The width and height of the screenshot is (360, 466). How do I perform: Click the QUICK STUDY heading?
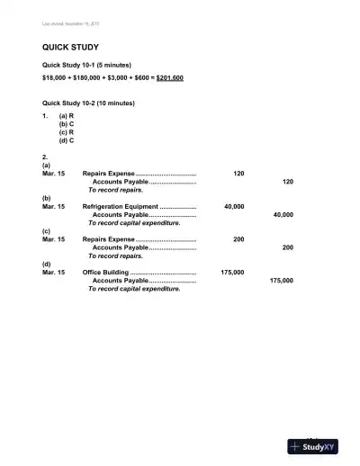(70, 47)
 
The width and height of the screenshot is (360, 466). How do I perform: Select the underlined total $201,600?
(170, 78)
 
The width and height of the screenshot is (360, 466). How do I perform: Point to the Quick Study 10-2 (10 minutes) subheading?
(89, 103)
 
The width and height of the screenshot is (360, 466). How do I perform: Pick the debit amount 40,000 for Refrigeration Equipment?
(234, 206)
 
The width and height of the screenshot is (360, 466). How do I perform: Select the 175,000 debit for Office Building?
(232, 272)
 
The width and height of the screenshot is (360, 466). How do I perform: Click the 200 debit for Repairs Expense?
(238, 238)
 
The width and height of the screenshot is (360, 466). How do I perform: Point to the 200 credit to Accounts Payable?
(287, 247)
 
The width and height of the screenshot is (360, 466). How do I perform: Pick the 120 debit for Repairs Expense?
(238, 173)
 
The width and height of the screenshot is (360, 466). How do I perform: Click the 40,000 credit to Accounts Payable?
(283, 215)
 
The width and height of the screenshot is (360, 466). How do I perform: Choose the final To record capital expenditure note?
(134, 289)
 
